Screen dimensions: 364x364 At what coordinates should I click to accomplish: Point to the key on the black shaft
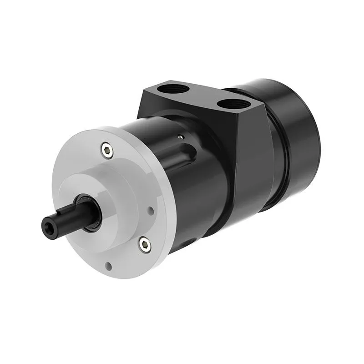tap(64, 214)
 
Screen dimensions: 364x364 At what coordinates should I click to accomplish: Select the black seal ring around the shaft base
tap(86, 211)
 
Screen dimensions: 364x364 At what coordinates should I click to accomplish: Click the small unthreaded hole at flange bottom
tap(109, 265)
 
